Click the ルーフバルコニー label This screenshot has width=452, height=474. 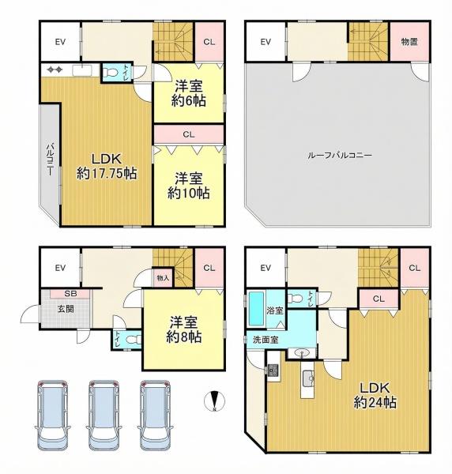340,155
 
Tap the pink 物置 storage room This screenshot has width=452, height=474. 409,42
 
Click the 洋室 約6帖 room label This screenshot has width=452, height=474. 190,93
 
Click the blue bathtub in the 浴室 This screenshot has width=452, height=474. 256,309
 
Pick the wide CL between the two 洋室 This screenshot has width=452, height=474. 189,135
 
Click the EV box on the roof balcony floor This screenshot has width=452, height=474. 266,42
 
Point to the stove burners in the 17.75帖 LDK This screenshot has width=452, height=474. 55,70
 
